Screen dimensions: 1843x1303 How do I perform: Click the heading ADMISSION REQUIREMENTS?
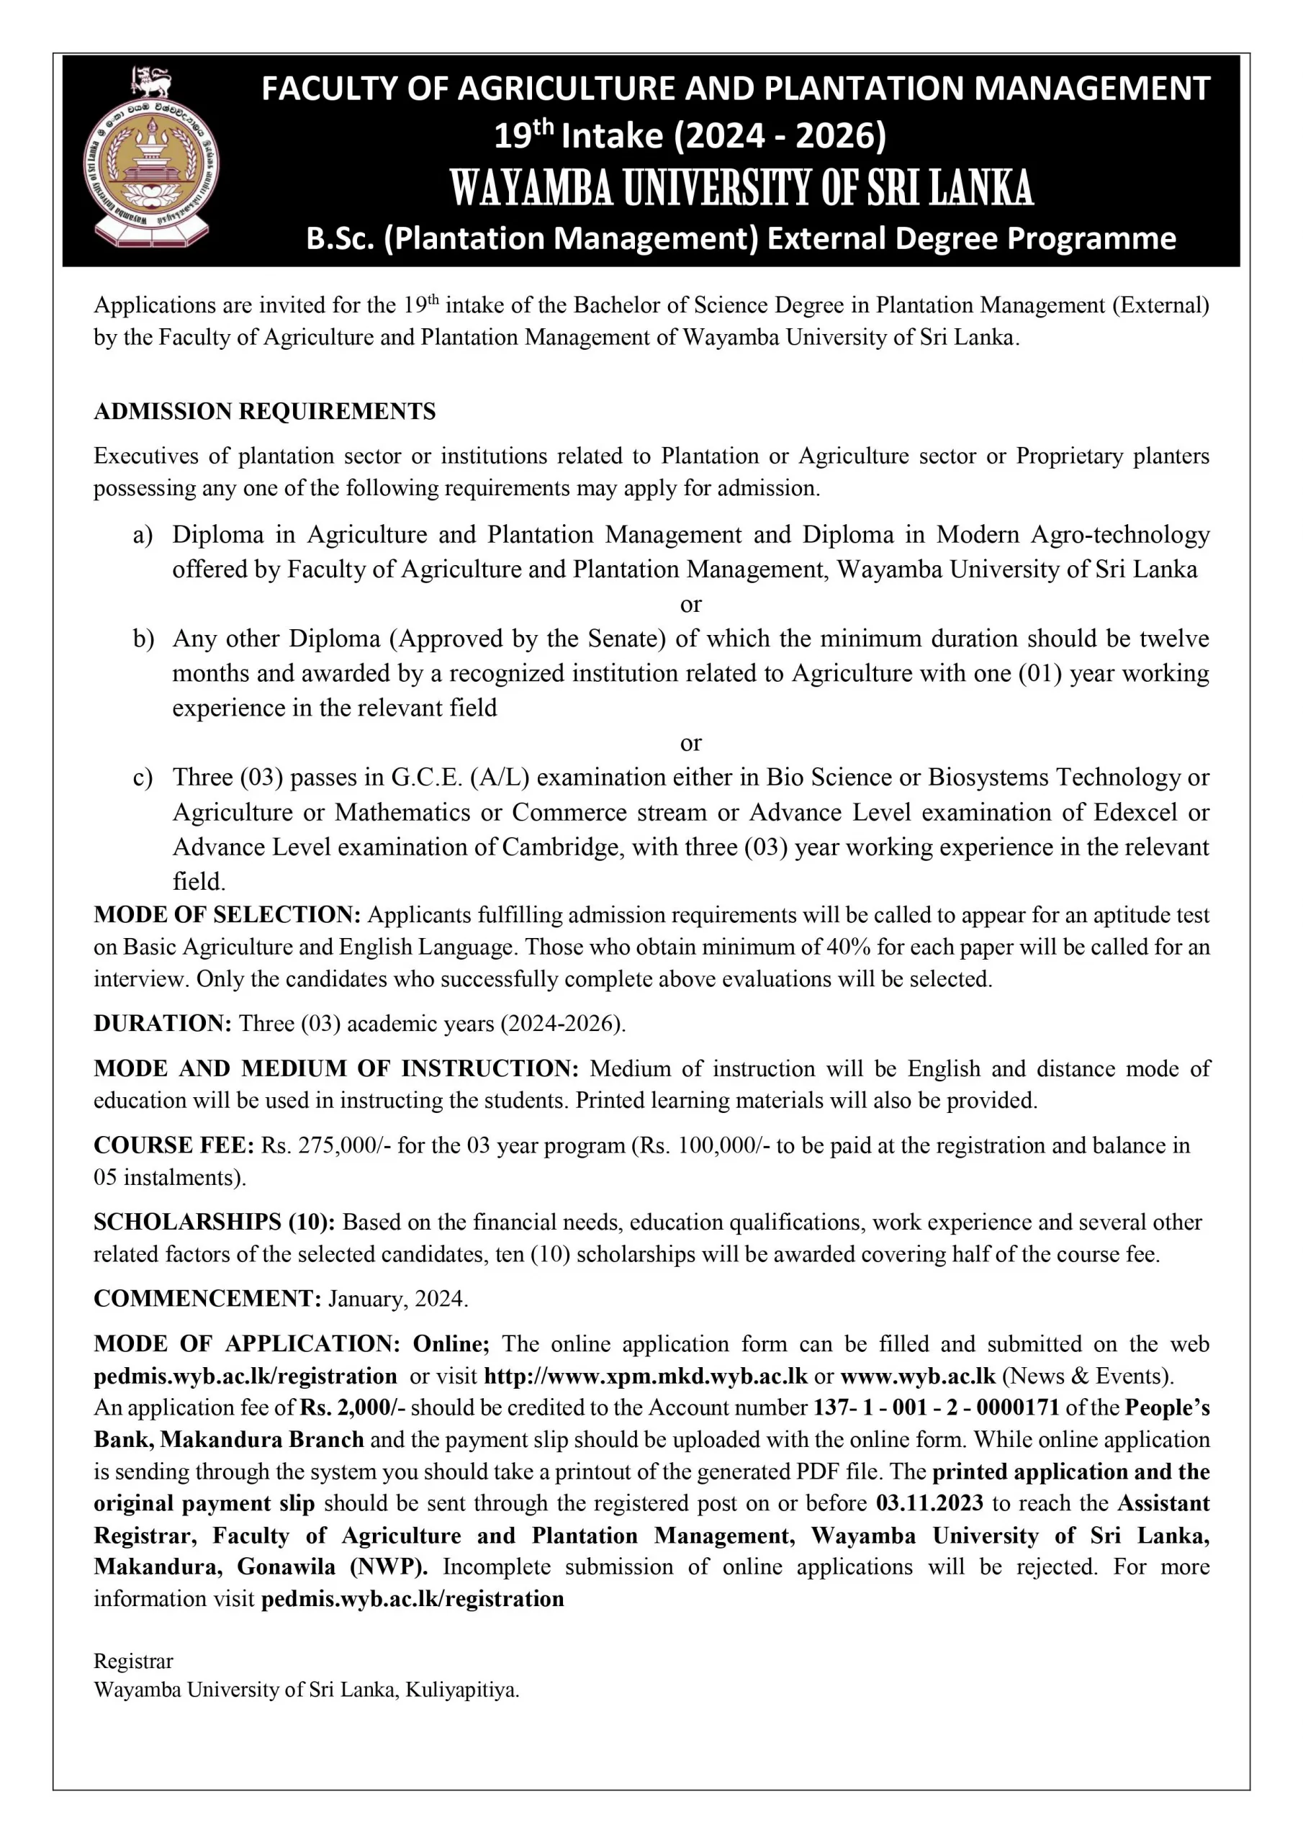point(264,412)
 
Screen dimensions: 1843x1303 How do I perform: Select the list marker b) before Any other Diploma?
point(143,639)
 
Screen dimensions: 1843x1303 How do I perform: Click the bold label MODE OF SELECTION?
point(227,915)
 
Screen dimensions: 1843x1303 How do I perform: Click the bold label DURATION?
point(163,1024)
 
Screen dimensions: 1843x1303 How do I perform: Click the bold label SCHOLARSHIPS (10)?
point(215,1222)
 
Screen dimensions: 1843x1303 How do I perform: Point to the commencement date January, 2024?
point(397,1299)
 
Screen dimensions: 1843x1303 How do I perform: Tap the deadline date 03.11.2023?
point(929,1502)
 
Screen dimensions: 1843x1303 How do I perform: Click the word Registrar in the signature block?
point(133,1661)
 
